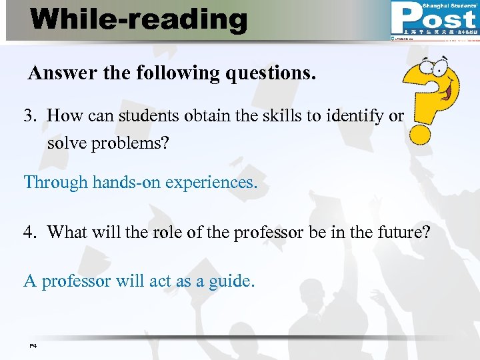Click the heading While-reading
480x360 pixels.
(x=139, y=19)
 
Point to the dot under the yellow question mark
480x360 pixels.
(x=420, y=133)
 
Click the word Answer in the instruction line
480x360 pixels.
(x=63, y=73)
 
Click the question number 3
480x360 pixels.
(x=30, y=116)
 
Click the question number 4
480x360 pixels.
(x=30, y=232)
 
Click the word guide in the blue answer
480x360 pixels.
(x=231, y=281)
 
